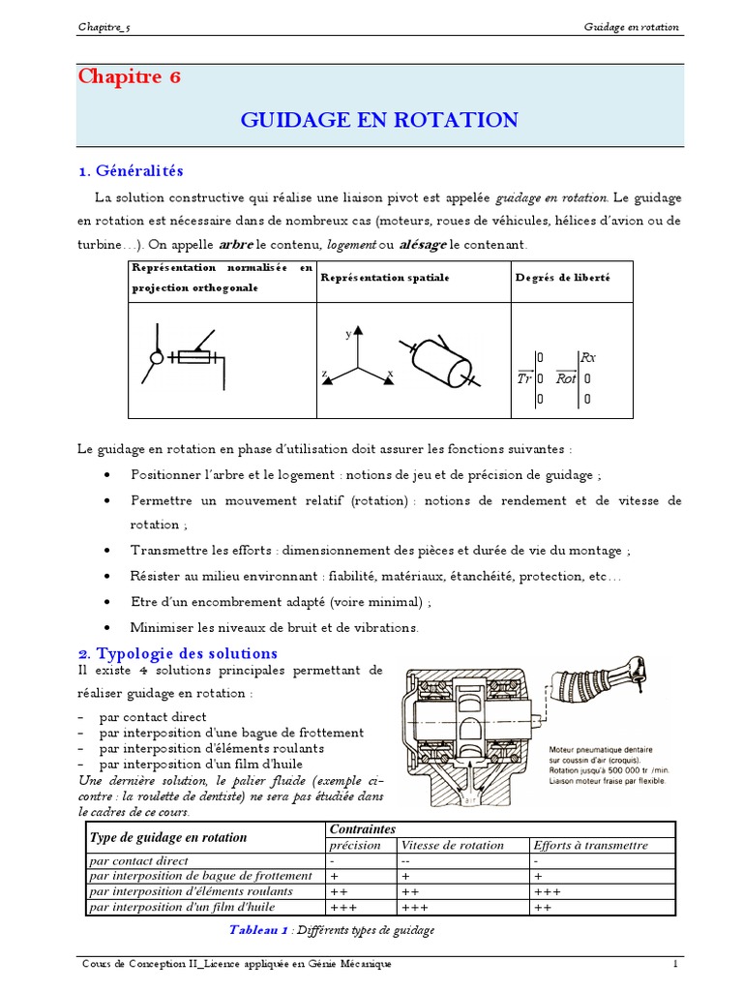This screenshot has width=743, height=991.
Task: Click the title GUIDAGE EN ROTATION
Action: pyautogui.click(x=378, y=120)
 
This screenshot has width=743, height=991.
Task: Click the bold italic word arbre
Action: pyautogui.click(x=235, y=245)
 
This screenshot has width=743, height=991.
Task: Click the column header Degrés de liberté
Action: pyautogui.click(x=561, y=278)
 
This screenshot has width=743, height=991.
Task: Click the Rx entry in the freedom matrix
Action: pyautogui.click(x=587, y=357)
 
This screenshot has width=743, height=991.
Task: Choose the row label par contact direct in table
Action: pyautogui.click(x=138, y=860)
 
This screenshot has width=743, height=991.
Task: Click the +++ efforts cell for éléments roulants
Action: pyautogui.click(x=548, y=891)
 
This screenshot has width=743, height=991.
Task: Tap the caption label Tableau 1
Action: pyautogui.click(x=258, y=930)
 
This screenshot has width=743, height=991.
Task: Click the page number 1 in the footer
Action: pyautogui.click(x=676, y=965)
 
